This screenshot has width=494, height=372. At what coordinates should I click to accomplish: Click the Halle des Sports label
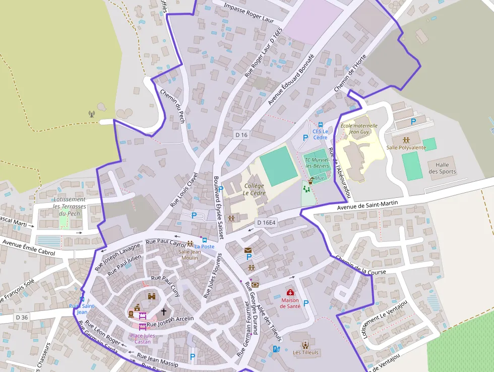[442, 168]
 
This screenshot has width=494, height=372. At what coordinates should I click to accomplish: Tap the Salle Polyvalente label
[406, 147]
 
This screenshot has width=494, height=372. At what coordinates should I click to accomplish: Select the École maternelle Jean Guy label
[359, 128]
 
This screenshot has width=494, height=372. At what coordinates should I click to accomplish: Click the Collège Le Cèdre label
[254, 189]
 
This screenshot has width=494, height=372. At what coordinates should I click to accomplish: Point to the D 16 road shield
[241, 135]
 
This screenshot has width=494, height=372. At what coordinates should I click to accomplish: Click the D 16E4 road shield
[266, 222]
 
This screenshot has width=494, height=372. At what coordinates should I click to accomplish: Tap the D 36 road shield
[22, 317]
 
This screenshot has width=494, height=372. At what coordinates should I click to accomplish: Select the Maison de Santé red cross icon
[290, 292]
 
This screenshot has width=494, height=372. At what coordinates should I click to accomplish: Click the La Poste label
[205, 246]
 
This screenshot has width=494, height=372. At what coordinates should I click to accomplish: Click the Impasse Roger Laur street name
[248, 13]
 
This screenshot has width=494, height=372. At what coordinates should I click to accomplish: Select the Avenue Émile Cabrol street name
[28, 247]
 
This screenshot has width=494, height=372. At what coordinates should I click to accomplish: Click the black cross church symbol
[163, 311]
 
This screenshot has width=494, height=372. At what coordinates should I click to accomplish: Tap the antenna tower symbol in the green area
[91, 114]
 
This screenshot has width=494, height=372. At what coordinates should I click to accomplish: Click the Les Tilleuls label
[305, 352]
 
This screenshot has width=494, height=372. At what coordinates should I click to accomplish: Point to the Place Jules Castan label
[143, 339]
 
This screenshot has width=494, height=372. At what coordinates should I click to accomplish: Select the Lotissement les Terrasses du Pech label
[70, 206]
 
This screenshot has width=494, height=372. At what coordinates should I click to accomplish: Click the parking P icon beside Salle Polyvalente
[413, 121]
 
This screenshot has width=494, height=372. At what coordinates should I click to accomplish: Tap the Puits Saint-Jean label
[82, 309]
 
